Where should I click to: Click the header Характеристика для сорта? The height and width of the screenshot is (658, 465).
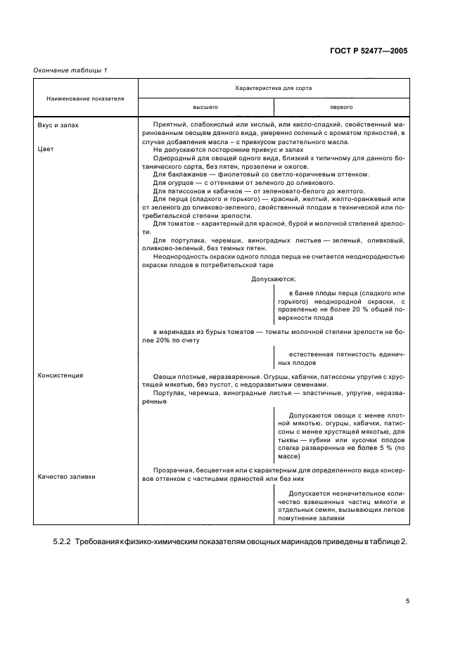(274, 89)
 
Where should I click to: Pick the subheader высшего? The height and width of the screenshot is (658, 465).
(206, 108)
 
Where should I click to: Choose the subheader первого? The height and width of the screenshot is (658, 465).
(341, 108)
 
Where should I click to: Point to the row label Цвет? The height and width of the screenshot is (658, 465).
(45, 149)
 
